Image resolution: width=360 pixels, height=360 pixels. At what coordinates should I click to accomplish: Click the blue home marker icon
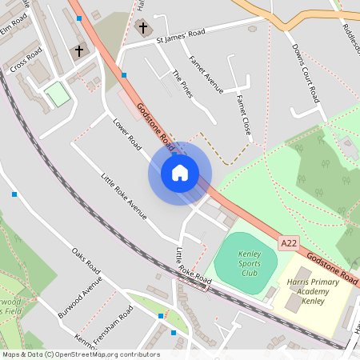coord(179,173)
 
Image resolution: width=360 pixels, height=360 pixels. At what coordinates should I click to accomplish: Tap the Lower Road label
coord(127,134)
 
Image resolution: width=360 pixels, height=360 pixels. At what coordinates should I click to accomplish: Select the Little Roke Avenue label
coord(124,196)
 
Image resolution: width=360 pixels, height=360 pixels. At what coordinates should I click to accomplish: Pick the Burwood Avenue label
coord(81,298)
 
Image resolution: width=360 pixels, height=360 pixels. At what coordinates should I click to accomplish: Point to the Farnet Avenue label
coord(206,74)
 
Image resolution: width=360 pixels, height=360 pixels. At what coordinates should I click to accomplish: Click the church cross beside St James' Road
coord(143,28)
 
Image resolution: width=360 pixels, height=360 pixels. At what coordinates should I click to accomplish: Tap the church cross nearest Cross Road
coord(79,51)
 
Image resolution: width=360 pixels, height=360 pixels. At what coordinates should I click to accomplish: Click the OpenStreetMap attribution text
coord(81,354)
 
